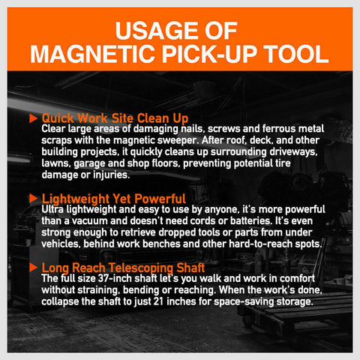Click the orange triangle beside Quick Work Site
coord(33,118)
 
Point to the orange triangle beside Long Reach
coord(33,266)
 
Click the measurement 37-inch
coord(118,278)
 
